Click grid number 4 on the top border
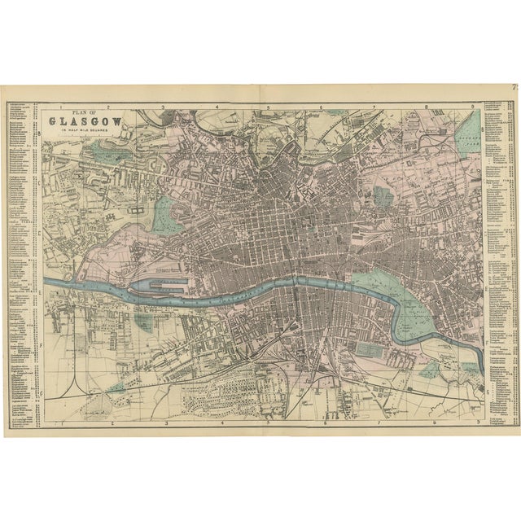(x=217, y=107)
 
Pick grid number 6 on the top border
(x=322, y=107)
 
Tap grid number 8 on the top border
(x=426, y=107)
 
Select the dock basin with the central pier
(x=165, y=285)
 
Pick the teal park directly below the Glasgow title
(x=89, y=148)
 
